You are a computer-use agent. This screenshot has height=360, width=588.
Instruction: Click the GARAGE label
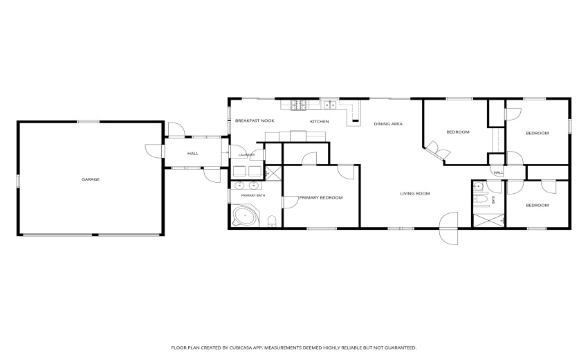pos(91,179)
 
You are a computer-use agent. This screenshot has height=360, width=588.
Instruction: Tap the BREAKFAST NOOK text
pos(255,120)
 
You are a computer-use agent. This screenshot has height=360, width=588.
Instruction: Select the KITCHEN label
pos(320,122)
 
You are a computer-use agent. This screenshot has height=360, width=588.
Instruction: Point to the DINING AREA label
pos(388,124)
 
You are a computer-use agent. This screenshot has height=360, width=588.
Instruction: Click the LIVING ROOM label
pos(415,194)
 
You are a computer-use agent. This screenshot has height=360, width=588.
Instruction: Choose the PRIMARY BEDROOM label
pos(321,198)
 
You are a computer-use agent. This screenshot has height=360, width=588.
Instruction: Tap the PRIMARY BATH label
pos(253,196)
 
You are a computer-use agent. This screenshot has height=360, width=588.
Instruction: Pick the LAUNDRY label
pos(247,154)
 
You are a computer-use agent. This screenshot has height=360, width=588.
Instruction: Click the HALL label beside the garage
pos(193,154)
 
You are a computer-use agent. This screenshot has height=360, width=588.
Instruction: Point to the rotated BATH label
pos(493,199)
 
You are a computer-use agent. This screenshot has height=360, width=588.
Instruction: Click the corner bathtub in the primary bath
pos(245,216)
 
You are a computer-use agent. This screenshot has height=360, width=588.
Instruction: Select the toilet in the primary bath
pos(273,221)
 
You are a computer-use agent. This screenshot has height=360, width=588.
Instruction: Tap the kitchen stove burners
pos(300,105)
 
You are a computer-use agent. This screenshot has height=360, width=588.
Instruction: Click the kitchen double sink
pos(330,105)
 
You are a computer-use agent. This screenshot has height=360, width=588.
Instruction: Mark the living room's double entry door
pos(449,228)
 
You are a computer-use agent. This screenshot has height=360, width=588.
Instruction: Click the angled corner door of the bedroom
pos(438,150)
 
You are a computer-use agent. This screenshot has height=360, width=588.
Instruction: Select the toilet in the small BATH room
pos(481,199)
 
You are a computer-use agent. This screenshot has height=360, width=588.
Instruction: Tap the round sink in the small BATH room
pos(478,186)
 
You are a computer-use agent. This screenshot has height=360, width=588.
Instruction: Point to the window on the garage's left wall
pos(17,181)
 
